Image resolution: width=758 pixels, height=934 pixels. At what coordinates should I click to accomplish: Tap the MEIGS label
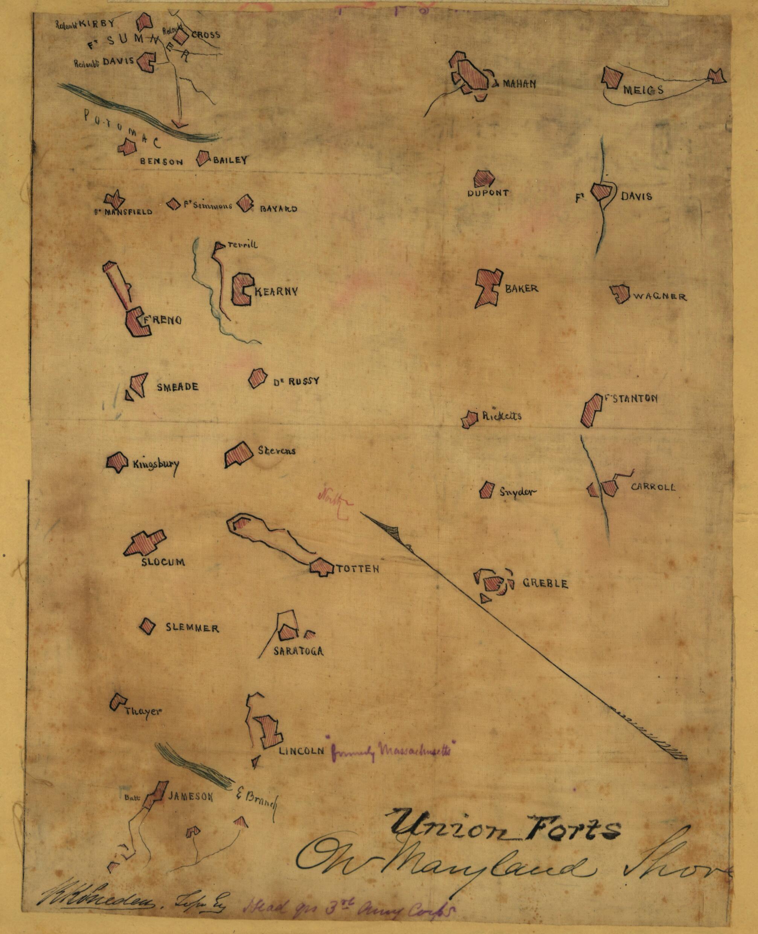643,90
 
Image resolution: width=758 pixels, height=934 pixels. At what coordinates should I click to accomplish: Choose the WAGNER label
659,297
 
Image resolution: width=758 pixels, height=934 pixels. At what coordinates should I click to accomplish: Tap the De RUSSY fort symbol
257,378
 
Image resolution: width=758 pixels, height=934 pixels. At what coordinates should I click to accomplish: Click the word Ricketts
502,416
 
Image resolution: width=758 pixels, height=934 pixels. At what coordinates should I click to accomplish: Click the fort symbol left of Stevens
238,454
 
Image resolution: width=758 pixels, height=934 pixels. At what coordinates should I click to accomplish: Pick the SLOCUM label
163,562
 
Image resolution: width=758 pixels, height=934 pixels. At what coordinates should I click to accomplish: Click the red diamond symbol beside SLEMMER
148,626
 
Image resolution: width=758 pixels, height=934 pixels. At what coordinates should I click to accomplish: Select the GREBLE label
545,584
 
